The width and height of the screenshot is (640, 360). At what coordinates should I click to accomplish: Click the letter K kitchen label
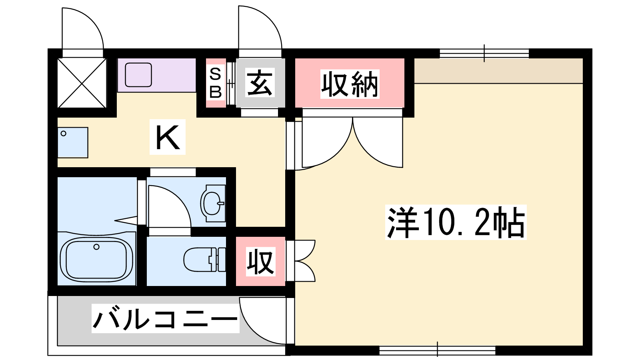[168, 137]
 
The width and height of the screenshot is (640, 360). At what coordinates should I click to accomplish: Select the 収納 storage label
[350, 84]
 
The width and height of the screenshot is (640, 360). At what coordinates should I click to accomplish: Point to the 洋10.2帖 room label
[456, 222]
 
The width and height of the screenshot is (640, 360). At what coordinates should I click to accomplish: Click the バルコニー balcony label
[165, 318]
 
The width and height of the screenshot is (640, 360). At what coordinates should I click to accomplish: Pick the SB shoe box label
[216, 83]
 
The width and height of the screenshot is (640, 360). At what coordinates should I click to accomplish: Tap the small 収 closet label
[260, 262]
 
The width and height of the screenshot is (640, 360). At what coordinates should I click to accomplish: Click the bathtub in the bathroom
[96, 260]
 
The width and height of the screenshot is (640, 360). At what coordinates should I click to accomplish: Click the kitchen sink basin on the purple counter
[138, 74]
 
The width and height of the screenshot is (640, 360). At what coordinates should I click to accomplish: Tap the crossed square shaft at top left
[82, 83]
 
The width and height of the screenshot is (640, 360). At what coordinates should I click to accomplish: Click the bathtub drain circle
[96, 247]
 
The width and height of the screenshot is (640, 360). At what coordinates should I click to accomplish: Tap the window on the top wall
[484, 54]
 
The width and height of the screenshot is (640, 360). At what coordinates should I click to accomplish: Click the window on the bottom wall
[438, 350]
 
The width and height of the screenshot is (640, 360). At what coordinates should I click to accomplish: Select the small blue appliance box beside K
[73, 142]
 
